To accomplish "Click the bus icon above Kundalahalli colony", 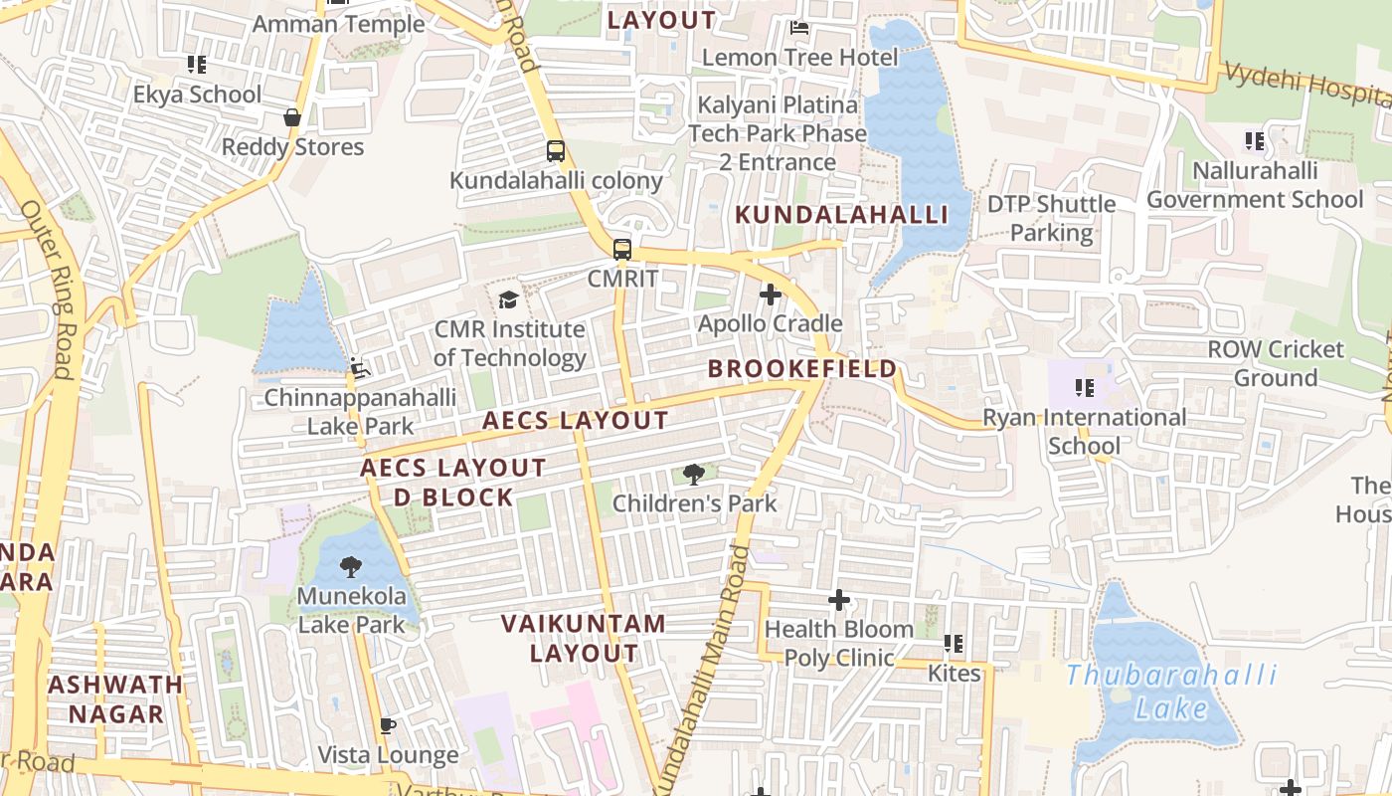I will [x=556, y=151].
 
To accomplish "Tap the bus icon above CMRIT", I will [x=622, y=250].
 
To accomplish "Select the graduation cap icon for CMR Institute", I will [x=508, y=299].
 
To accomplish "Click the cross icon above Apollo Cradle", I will [x=770, y=295].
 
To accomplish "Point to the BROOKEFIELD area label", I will [x=801, y=369].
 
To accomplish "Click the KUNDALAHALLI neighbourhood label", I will [x=841, y=215].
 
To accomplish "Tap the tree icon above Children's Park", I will [x=694, y=475].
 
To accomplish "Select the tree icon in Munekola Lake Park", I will [x=350, y=568].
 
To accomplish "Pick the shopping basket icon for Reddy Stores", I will [x=292, y=117].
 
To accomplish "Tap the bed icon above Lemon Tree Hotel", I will [x=798, y=28].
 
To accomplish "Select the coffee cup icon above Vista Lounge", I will [x=388, y=726].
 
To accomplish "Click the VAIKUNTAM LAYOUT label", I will [x=584, y=639].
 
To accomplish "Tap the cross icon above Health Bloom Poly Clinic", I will [x=839, y=600].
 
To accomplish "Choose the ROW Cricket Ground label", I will [x=1275, y=364].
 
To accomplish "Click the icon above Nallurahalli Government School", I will [x=1255, y=141].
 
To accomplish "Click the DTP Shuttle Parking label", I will [x=1051, y=219].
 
